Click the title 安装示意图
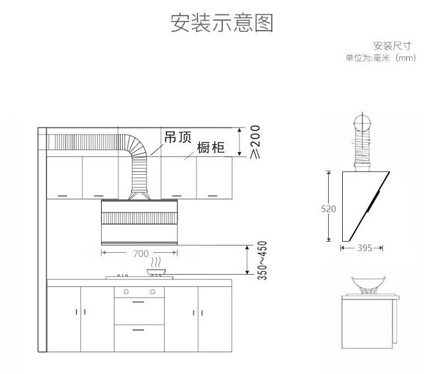222,24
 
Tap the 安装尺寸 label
390,46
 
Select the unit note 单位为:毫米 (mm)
380,58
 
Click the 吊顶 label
178,137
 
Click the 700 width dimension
140,253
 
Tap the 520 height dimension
332,208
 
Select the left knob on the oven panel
125,292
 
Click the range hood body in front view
140,223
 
